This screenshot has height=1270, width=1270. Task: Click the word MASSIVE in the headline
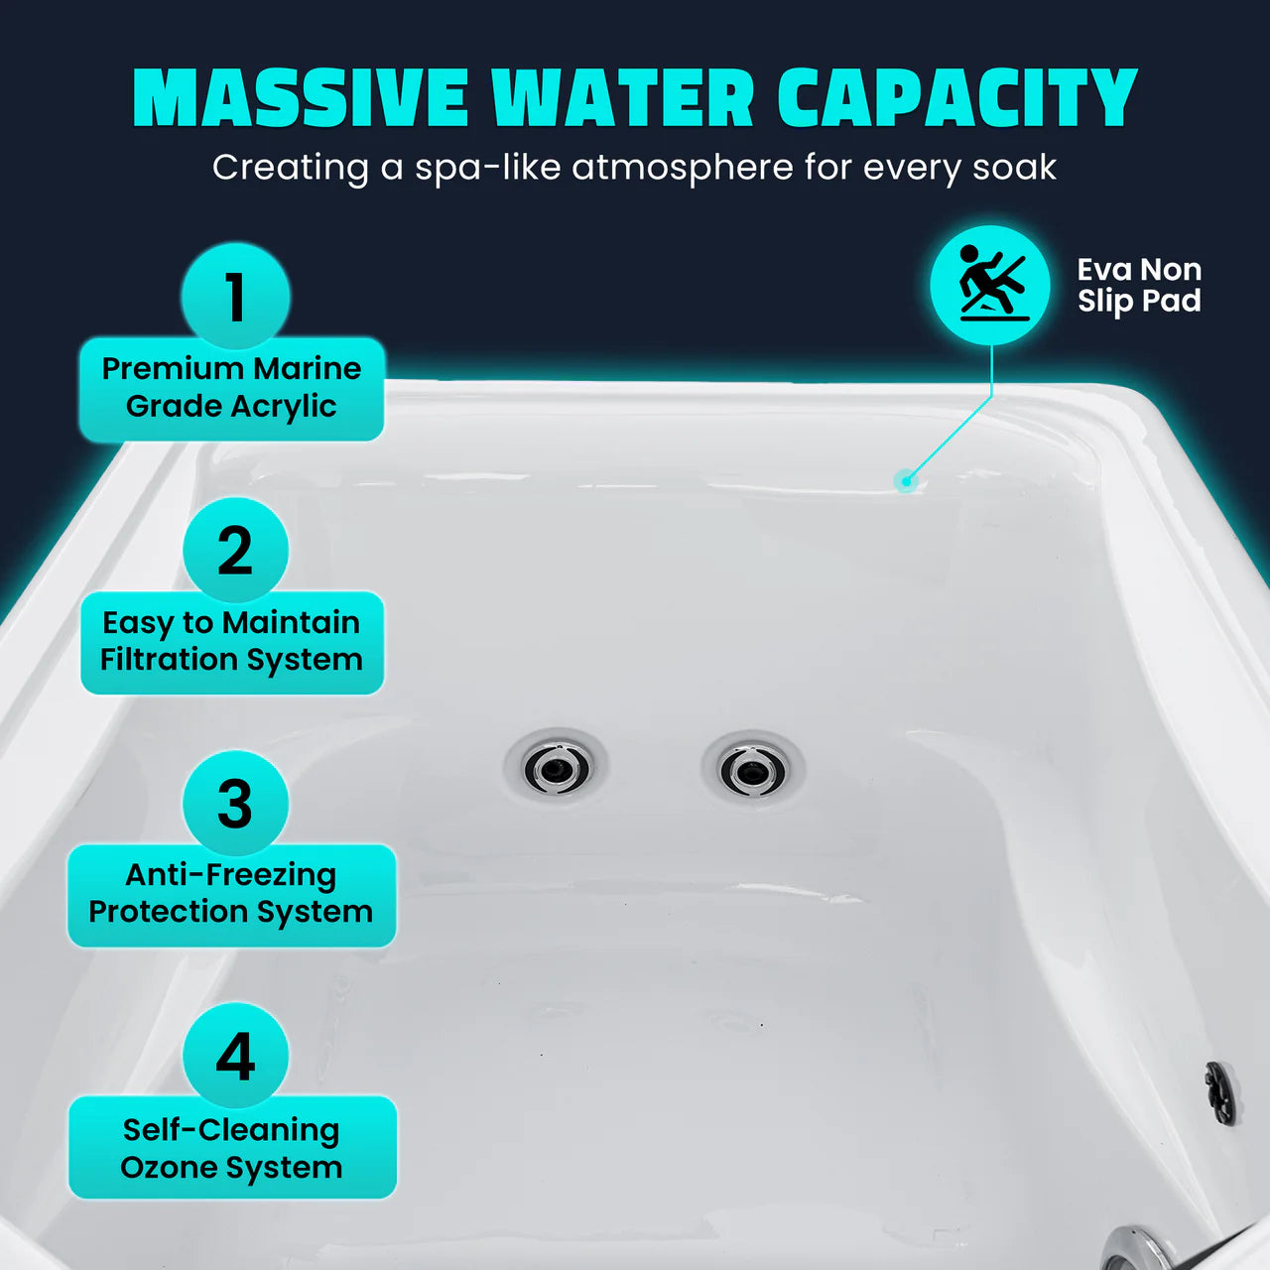[300, 99]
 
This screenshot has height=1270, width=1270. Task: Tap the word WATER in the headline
[622, 99]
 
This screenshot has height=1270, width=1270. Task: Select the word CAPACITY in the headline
[956, 99]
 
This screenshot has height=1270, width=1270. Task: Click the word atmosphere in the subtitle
[683, 167]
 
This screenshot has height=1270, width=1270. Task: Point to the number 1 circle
[235, 296]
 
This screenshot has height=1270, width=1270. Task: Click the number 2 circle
[235, 550]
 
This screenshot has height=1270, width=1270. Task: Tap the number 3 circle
[235, 803]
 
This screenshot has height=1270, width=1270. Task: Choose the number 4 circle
[235, 1056]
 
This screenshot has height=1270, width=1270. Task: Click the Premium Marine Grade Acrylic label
[231, 388]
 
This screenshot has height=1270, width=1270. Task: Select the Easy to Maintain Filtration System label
[231, 642]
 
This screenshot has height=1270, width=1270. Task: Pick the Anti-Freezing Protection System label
[231, 894]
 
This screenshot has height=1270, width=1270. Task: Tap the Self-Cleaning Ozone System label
[231, 1148]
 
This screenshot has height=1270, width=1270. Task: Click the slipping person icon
[989, 285]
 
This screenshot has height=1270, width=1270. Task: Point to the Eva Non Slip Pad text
[1139, 285]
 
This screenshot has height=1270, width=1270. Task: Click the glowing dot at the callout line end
[904, 482]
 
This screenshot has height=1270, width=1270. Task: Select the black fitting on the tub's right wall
[1220, 1092]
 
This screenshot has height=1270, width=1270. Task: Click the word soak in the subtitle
[1014, 167]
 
